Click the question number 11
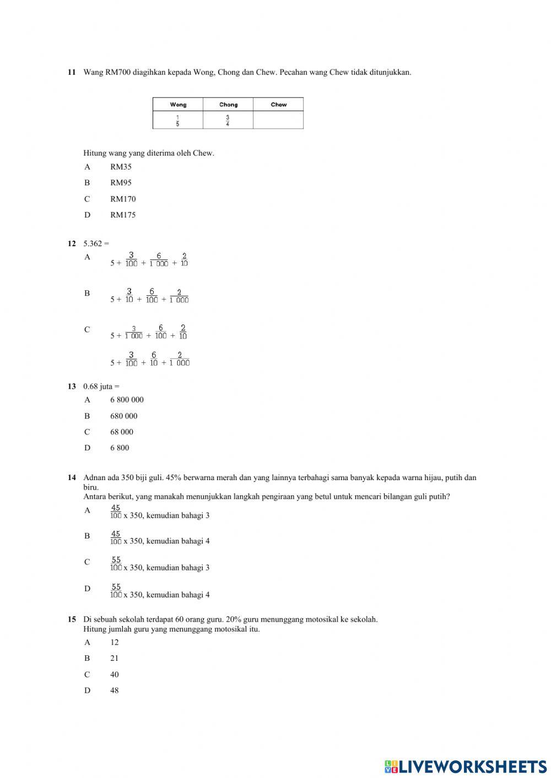72,72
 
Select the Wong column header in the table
178,105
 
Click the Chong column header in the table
228,105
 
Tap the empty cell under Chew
278,120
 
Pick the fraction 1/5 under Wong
177,120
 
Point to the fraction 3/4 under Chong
228,120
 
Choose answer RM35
121,167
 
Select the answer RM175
123,215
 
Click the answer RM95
121,183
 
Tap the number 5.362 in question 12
93,243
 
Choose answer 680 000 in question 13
124,416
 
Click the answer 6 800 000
127,400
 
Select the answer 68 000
122,432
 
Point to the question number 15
72,619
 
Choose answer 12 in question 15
114,642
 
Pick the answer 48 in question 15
114,690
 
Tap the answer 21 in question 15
114,658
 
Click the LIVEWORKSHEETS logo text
472,766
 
